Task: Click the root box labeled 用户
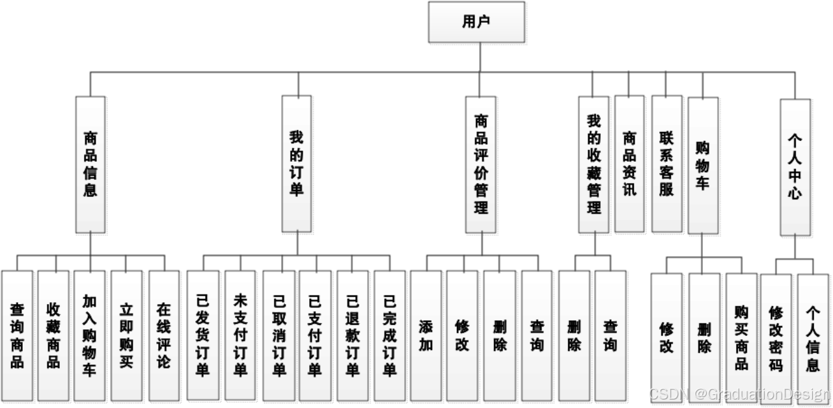click(x=477, y=22)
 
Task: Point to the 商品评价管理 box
click(x=481, y=164)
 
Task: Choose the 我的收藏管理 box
click(x=594, y=164)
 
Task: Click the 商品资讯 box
click(x=629, y=164)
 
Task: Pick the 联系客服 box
click(x=667, y=164)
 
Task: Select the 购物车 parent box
click(x=703, y=165)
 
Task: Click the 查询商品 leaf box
click(x=17, y=335)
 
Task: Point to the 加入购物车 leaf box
click(x=90, y=335)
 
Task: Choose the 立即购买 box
click(x=127, y=335)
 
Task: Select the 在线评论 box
click(x=164, y=335)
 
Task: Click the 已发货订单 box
click(x=203, y=335)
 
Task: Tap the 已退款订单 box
click(x=353, y=335)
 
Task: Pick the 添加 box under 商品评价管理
click(x=426, y=335)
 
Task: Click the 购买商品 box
click(x=741, y=338)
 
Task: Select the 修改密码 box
click(x=776, y=338)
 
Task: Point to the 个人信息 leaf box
click(x=813, y=338)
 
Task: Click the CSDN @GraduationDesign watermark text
click(x=739, y=394)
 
